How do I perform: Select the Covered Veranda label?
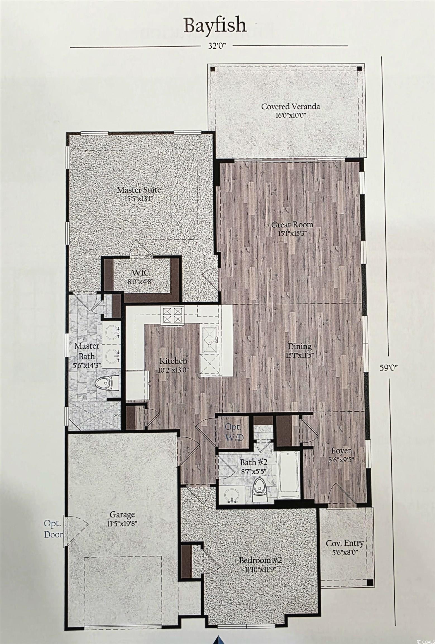290,106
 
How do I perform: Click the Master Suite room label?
139,190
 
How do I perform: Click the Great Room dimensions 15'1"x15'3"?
292,233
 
